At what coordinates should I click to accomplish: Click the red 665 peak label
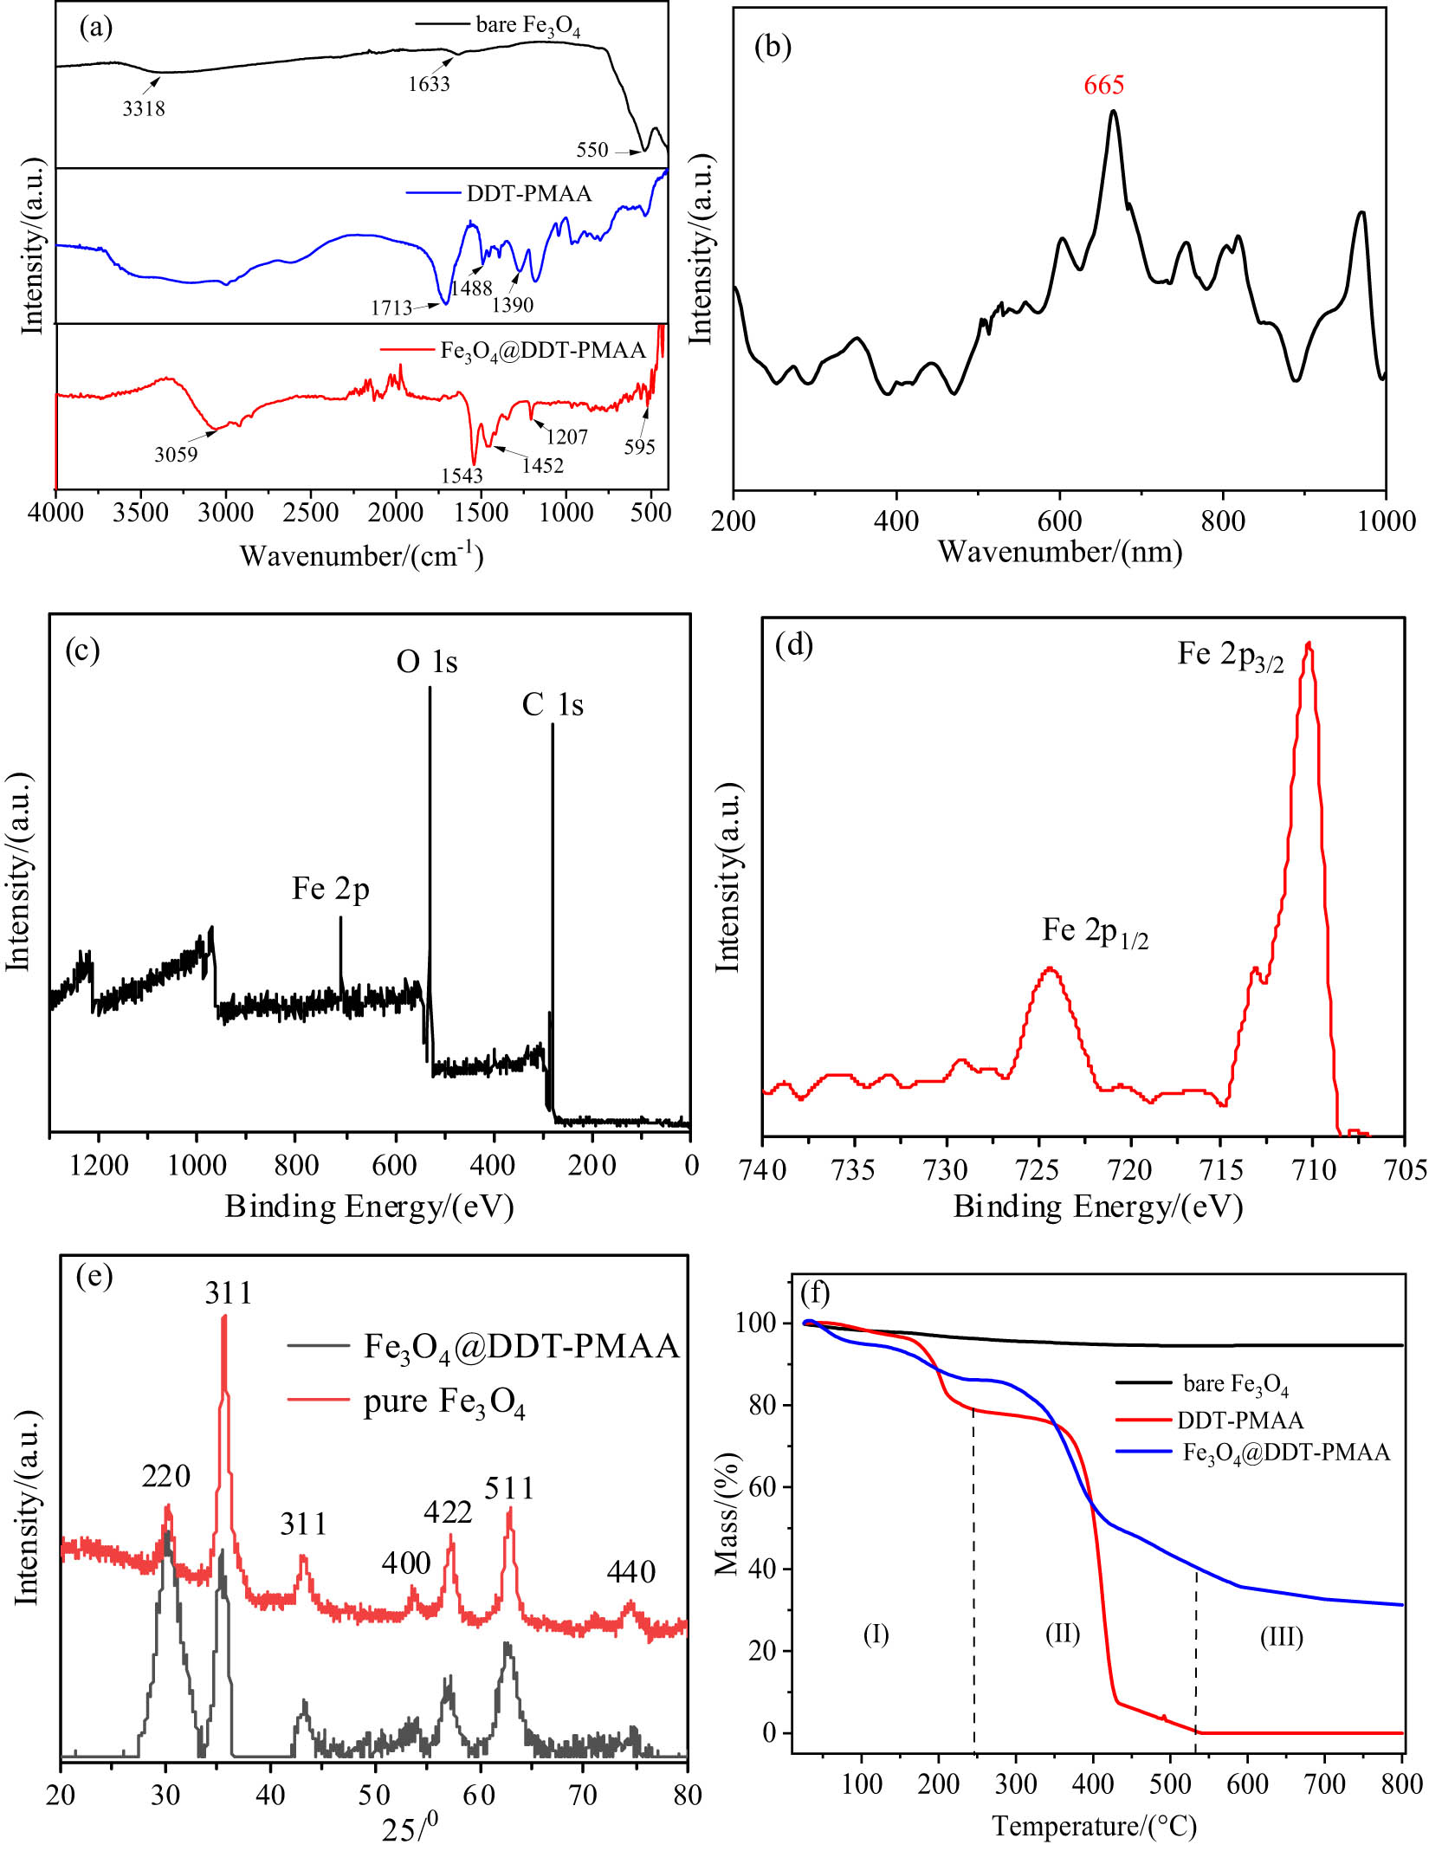pos(1103,85)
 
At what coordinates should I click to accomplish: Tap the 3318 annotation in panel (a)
pos(144,109)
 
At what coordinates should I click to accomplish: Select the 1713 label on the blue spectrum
pos(391,307)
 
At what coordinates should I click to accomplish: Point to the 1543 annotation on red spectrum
pos(462,476)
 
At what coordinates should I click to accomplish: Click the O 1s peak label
pos(427,662)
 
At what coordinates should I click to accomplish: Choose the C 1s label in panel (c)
pos(553,705)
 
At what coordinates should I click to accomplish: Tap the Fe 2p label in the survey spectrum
pos(331,889)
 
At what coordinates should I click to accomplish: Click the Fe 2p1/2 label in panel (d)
pos(1095,932)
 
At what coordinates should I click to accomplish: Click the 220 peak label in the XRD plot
pos(165,1476)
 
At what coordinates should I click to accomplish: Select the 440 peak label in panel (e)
pos(630,1571)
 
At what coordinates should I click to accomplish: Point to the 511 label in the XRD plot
pos(509,1488)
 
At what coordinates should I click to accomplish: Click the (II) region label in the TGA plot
pos(1063,1634)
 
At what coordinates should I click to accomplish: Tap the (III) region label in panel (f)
pos(1281,1636)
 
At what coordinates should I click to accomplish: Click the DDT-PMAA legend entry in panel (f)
pos(1240,1421)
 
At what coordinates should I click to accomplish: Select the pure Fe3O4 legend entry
pos(443,1402)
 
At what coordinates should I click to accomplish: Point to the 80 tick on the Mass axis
pos(762,1405)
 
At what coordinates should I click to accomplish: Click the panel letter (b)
pos(773,47)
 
